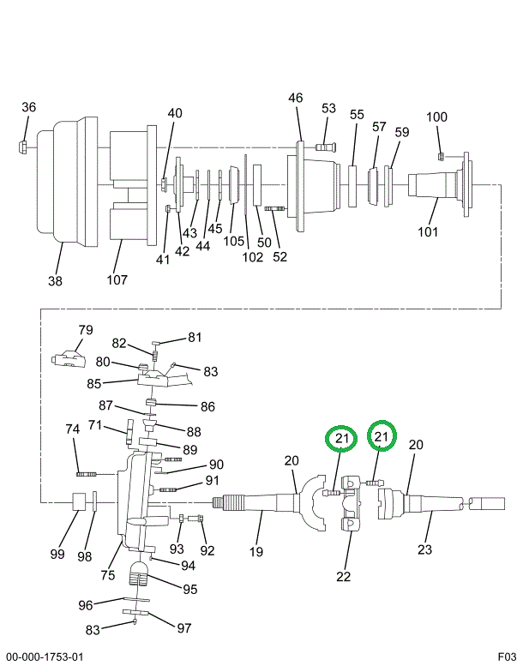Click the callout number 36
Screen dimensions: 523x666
pos(28,106)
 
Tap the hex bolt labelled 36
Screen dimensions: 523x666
pos(23,147)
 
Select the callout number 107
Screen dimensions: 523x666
pos(117,279)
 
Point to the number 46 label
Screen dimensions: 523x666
pos(295,98)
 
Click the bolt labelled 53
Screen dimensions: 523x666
pos(325,147)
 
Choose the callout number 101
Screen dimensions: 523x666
pos(428,231)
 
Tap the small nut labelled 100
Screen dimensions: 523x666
pos(441,157)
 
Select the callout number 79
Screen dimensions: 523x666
pos(86,330)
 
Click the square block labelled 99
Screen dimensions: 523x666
pos(79,502)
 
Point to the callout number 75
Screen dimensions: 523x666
pos(107,575)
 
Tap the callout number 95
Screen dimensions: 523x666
pos(190,589)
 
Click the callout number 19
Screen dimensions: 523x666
pos(255,552)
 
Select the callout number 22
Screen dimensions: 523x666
pos(343,576)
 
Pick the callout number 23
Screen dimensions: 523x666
pos(424,549)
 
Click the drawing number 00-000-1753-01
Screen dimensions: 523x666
pos(45,657)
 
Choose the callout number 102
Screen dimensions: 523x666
pos(253,256)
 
